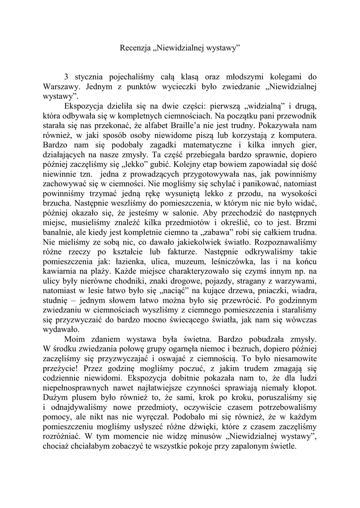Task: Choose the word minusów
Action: click(x=206, y=436)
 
